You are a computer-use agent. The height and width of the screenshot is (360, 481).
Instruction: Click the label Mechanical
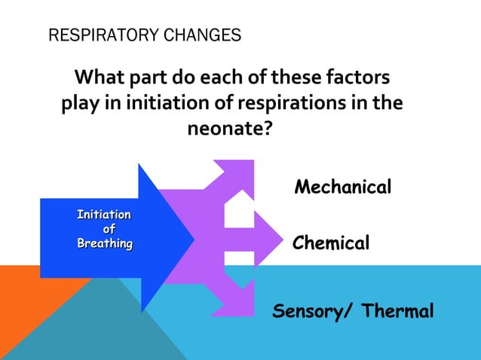click(343, 187)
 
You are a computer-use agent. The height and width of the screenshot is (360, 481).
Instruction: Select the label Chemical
click(331, 243)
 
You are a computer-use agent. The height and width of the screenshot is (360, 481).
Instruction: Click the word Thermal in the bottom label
click(398, 311)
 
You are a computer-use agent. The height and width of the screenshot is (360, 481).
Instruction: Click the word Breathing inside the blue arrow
click(105, 243)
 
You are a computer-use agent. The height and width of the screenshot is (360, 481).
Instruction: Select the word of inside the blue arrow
click(109, 230)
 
